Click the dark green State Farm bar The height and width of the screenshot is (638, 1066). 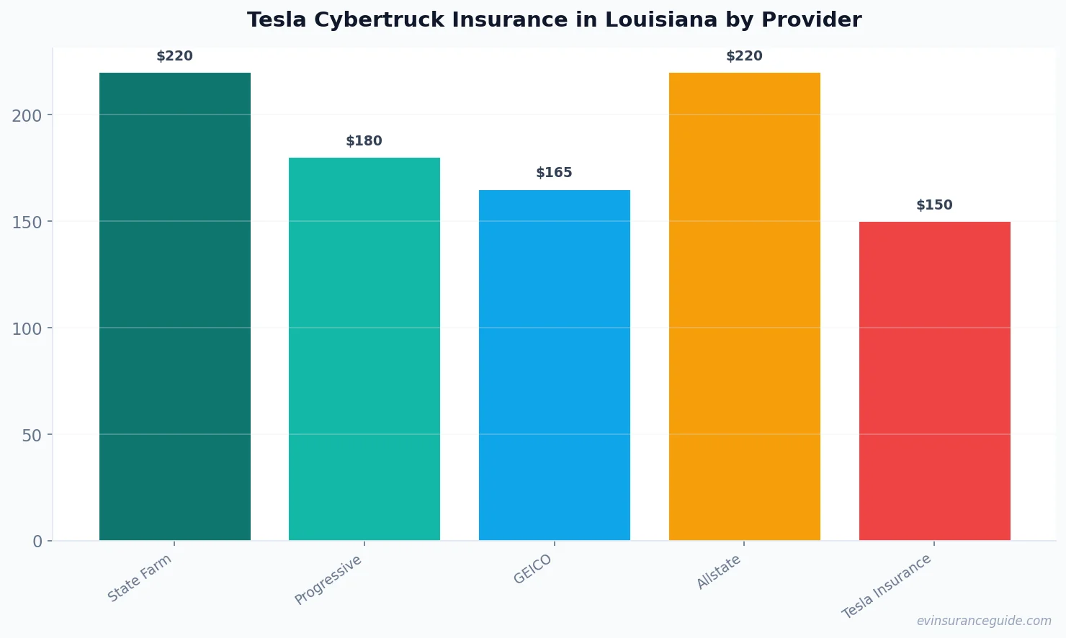[175, 306]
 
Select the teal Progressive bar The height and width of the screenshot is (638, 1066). [364, 349]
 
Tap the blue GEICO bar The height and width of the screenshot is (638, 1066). [555, 365]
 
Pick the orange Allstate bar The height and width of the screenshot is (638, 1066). [745, 306]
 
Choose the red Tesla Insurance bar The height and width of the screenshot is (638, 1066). [935, 381]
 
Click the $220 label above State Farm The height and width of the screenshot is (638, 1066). [175, 56]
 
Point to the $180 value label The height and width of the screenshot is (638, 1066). [364, 141]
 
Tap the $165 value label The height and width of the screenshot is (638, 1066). [555, 173]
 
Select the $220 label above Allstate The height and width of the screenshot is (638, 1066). [745, 56]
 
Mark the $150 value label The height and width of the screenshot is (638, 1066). [935, 205]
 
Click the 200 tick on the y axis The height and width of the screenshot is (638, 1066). [27, 115]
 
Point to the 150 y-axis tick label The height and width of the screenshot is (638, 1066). [27, 222]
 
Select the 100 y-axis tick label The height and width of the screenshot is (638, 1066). [27, 328]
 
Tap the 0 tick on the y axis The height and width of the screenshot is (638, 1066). [37, 542]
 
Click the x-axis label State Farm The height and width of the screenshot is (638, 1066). [140, 578]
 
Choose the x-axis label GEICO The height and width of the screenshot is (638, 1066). [533, 570]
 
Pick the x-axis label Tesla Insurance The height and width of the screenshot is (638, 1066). [887, 587]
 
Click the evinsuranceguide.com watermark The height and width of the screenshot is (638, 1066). [984, 621]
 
